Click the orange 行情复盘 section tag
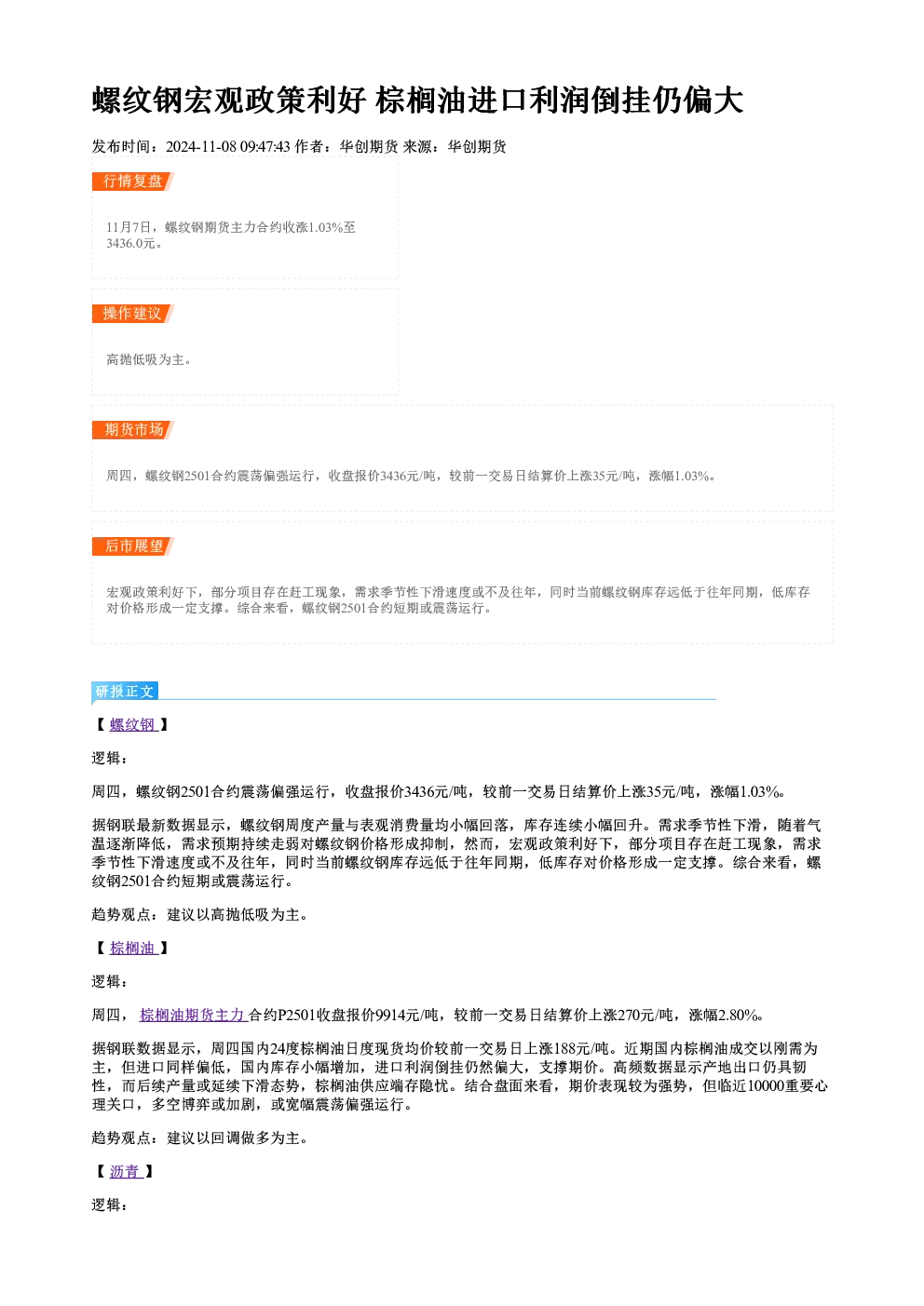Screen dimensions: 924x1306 pyautogui.click(x=133, y=182)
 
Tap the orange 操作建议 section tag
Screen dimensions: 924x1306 pyautogui.click(x=133, y=314)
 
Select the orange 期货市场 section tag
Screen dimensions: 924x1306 pyautogui.click(x=133, y=430)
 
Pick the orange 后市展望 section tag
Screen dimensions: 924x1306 pyautogui.click(x=133, y=546)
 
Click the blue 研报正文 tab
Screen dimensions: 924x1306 pyautogui.click(x=125, y=692)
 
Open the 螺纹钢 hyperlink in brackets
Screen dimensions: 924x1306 pyautogui.click(x=133, y=725)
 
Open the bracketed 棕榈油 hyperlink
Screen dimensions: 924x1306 pyautogui.click(x=133, y=948)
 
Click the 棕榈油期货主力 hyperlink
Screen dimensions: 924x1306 pyautogui.click(x=194, y=1015)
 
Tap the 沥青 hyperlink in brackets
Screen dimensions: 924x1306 pyautogui.click(x=126, y=1171)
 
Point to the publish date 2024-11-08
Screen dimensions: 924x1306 pyautogui.click(x=201, y=146)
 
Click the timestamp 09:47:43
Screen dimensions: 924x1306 pyautogui.click(x=265, y=146)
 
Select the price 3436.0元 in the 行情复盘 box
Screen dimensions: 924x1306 pyautogui.click(x=130, y=243)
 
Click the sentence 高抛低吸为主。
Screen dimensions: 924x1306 pyautogui.click(x=148, y=359)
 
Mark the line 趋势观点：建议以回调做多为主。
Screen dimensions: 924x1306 pyautogui.click(x=199, y=1138)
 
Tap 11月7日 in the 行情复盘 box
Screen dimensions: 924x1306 pyautogui.click(x=129, y=227)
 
